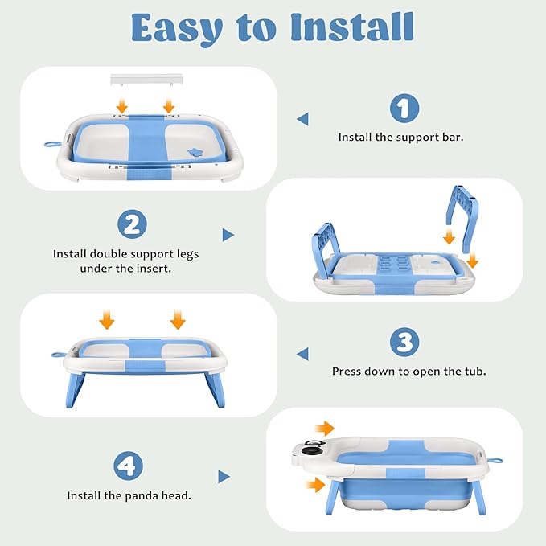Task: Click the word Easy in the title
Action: pos(177,29)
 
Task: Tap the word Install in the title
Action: pos(352,27)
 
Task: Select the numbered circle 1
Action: pos(404,108)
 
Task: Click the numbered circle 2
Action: pos(132,224)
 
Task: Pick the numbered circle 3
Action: pos(404,342)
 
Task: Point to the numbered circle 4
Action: pos(128,466)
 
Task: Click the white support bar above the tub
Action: pos(146,80)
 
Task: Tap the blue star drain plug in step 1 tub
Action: pos(195,152)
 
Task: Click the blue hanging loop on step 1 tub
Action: pos(52,144)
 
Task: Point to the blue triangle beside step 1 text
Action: pos(302,119)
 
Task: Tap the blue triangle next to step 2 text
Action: pos(228,235)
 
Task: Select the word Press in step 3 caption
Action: pos(346,372)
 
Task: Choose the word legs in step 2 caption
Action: pos(187,255)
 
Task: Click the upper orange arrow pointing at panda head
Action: pos(324,428)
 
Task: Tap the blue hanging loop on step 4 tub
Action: pos(495,461)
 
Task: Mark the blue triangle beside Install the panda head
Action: pos(224,477)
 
